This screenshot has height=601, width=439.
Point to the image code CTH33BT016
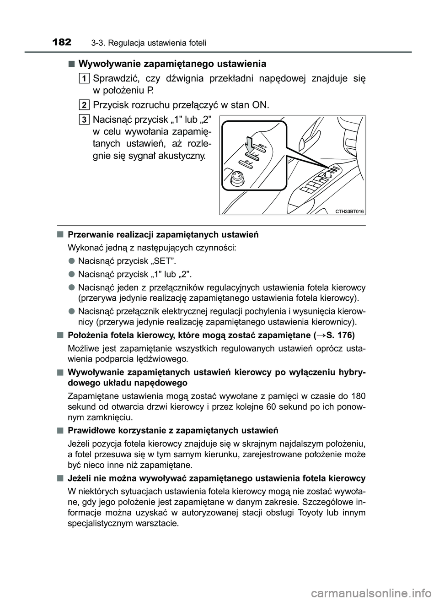point(349,211)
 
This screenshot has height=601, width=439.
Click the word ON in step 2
point(261,105)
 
